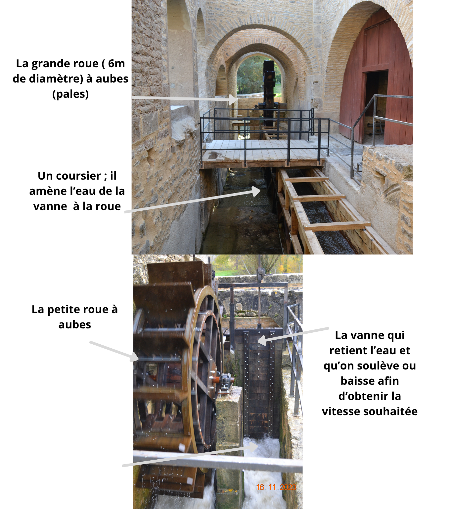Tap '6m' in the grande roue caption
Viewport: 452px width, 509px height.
point(116,64)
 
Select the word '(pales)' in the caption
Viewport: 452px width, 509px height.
point(70,94)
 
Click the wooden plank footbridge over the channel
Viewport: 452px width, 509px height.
point(262,152)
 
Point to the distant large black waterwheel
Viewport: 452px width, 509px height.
point(268,93)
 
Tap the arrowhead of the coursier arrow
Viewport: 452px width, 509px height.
point(256,191)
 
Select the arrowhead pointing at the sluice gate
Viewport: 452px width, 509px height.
point(262,340)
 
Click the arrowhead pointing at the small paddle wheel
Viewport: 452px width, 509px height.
point(134,357)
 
